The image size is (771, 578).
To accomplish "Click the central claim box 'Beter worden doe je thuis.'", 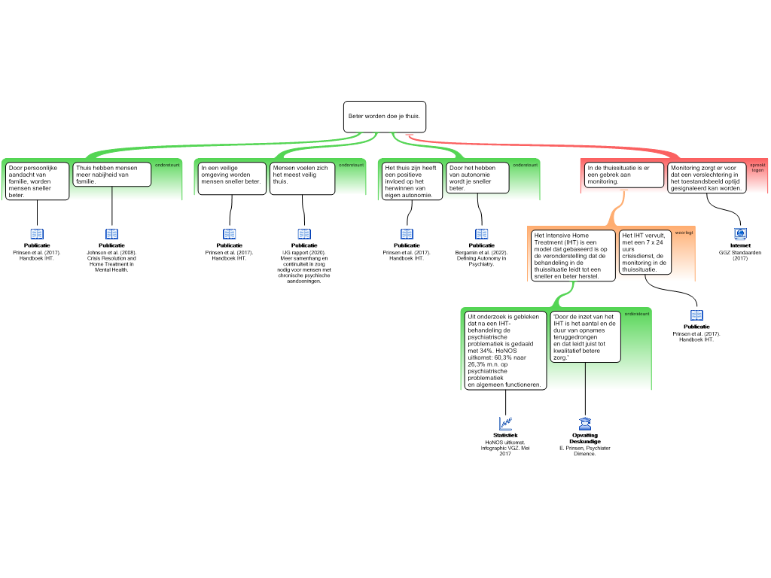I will click(385, 117).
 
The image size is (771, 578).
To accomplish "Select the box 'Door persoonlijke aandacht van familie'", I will click(37, 181).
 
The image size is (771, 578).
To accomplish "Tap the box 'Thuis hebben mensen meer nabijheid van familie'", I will click(112, 174).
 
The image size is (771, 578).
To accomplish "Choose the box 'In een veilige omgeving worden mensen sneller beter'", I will click(231, 178).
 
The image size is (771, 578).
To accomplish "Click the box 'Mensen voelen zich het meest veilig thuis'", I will click(303, 178).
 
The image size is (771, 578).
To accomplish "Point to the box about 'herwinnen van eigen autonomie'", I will click(411, 181).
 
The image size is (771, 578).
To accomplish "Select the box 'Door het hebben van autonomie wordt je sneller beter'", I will click(477, 178).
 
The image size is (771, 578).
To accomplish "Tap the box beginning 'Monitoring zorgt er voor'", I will click(706, 178).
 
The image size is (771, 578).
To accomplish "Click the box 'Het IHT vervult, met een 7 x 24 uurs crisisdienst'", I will click(645, 251).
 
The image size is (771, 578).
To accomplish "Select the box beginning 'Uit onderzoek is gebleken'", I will click(504, 350).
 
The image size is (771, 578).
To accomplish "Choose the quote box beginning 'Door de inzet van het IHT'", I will click(586, 336).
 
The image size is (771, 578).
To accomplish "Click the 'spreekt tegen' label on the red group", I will click(757, 167).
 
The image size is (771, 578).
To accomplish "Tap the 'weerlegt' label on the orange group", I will click(684, 233).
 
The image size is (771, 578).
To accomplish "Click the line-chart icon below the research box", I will click(506, 424).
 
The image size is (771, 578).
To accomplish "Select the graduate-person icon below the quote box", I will click(585, 424).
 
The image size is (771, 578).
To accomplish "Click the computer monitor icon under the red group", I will click(740, 234).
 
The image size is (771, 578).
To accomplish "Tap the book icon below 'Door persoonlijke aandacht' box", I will click(37, 234).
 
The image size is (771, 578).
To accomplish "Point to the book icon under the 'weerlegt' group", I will click(696, 315).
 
